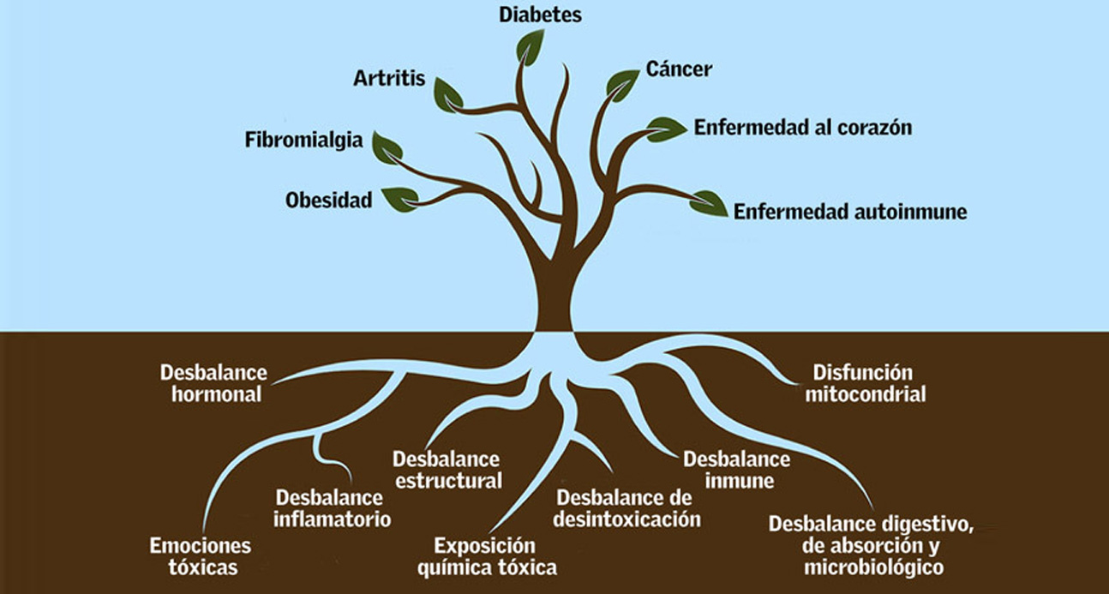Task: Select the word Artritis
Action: tap(389, 79)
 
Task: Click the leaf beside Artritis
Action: tap(447, 93)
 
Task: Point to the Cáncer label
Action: tap(679, 69)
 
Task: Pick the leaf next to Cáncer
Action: tap(622, 83)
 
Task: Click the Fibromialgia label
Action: tap(303, 140)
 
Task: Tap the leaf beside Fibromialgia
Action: tap(387, 148)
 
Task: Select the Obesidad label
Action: tap(329, 201)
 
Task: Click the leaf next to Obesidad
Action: tap(399, 199)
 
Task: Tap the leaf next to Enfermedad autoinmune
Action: tap(709, 202)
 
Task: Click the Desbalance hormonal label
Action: tap(213, 384)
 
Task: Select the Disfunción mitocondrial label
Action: tap(865, 384)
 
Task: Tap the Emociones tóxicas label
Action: tap(201, 556)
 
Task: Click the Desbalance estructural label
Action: tap(447, 470)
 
